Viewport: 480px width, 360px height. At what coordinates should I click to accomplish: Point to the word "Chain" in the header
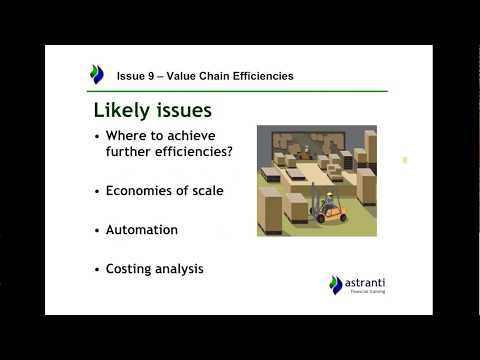pyautogui.click(x=212, y=76)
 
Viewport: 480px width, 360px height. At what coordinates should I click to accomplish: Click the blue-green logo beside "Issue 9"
pyautogui.click(x=97, y=74)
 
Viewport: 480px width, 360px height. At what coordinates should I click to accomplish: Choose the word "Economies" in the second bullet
pyautogui.click(x=139, y=190)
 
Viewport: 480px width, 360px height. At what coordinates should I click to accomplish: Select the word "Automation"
pyautogui.click(x=142, y=229)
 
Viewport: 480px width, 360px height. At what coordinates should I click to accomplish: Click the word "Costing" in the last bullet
pyautogui.click(x=130, y=268)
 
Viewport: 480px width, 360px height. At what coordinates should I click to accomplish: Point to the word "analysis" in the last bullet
pyautogui.click(x=183, y=268)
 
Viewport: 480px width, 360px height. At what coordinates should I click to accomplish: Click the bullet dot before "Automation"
pyautogui.click(x=97, y=230)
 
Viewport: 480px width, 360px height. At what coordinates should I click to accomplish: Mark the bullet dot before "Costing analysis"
pyautogui.click(x=97, y=269)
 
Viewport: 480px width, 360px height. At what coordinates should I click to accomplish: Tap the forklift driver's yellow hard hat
pyautogui.click(x=326, y=195)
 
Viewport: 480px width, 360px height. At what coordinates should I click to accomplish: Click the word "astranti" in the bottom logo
pyautogui.click(x=364, y=282)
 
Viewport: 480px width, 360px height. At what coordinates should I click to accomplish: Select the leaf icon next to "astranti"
pyautogui.click(x=336, y=285)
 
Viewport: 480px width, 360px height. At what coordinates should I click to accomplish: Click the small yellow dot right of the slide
pyautogui.click(x=405, y=159)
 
